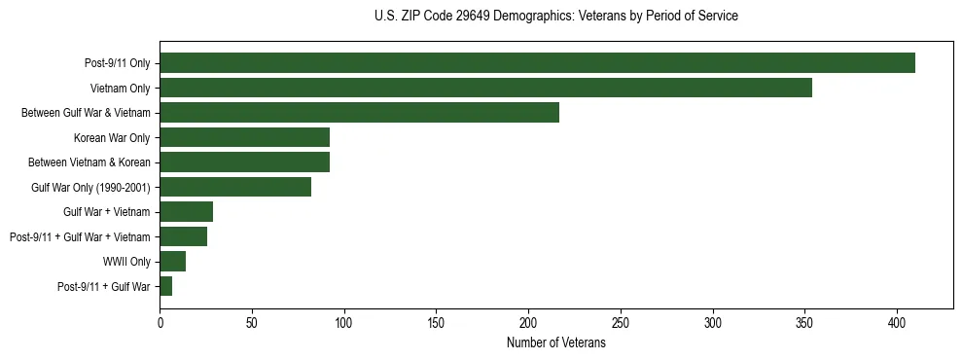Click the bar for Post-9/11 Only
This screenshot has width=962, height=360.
pyautogui.click(x=537, y=63)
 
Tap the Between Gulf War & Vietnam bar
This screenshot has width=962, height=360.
pyautogui.click(x=359, y=113)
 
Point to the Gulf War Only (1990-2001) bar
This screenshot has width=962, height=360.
pyautogui.click(x=235, y=187)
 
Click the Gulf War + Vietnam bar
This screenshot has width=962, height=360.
pyautogui.click(x=186, y=211)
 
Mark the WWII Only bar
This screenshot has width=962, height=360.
pyautogui.click(x=172, y=261)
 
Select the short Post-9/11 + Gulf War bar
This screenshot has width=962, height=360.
pyautogui.click(x=166, y=286)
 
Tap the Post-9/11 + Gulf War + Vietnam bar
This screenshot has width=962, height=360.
pyautogui.click(x=183, y=236)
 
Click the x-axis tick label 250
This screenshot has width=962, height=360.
pyautogui.click(x=621, y=322)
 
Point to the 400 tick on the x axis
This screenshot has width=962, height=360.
pyautogui.click(x=897, y=322)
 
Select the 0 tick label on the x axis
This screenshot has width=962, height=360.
pyautogui.click(x=160, y=322)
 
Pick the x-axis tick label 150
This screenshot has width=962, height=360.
pyautogui.click(x=436, y=322)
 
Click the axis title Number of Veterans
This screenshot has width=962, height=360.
pyautogui.click(x=555, y=343)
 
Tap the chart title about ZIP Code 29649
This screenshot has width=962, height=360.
pyautogui.click(x=555, y=17)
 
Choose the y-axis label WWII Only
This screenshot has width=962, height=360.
pyautogui.click(x=126, y=262)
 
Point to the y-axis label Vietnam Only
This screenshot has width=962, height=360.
pyautogui.click(x=121, y=89)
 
